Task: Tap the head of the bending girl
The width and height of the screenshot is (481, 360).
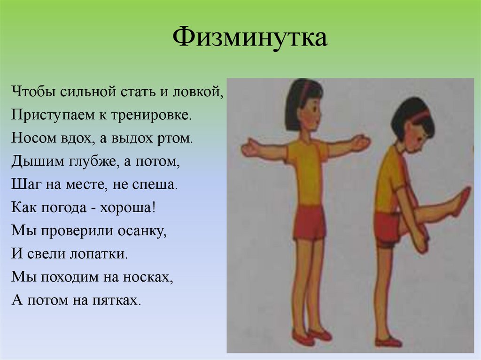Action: (413, 124)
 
